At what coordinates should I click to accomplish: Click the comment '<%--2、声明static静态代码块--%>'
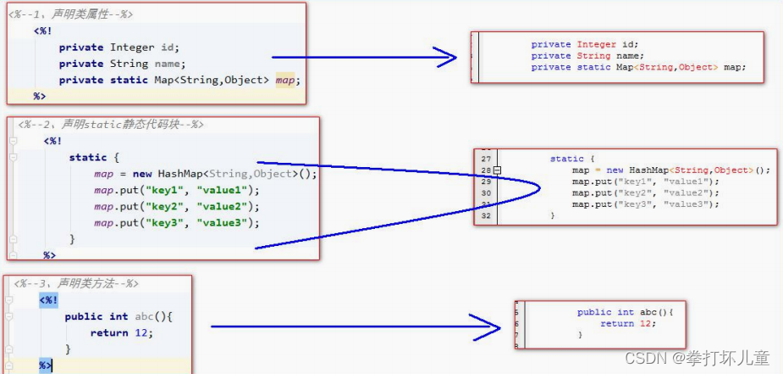(111, 125)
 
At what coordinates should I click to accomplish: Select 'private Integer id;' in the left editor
(119, 47)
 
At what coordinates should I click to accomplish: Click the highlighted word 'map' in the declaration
(286, 81)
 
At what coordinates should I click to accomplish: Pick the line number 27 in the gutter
(486, 159)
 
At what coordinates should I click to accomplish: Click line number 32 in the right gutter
(486, 215)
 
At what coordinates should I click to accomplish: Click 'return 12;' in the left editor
(122, 332)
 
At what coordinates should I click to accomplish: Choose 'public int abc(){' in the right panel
(624, 312)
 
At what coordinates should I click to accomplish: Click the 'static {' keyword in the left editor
(95, 157)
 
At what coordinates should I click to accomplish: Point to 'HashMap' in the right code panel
(647, 170)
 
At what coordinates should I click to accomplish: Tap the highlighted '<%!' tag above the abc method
(48, 300)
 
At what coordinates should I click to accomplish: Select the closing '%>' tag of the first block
(40, 97)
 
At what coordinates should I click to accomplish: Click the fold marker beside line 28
(498, 170)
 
